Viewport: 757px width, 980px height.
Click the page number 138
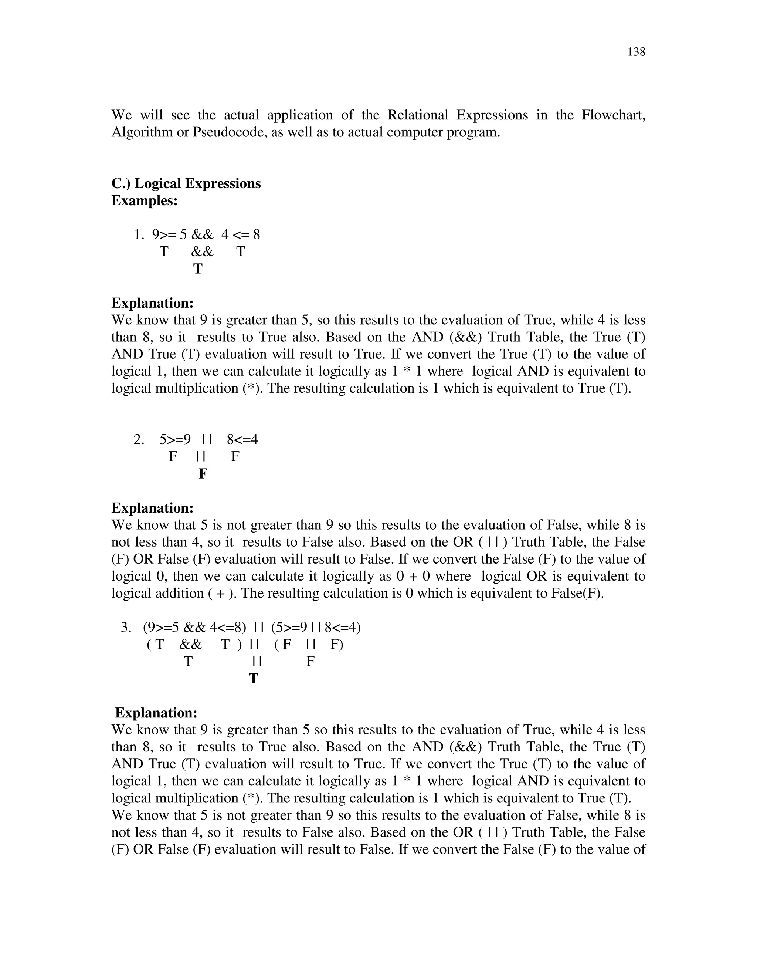click(636, 52)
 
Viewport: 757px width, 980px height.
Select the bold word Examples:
click(145, 200)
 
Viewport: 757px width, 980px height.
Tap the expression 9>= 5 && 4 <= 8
click(206, 235)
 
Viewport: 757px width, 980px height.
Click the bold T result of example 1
click(198, 269)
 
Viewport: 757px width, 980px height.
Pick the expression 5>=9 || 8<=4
click(208, 439)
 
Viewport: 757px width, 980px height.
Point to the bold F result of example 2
click(203, 473)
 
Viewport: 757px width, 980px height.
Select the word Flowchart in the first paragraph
click(613, 115)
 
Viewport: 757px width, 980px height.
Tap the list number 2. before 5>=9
click(139, 439)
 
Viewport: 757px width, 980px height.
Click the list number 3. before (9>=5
click(126, 627)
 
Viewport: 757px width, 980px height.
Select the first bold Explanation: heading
click(153, 303)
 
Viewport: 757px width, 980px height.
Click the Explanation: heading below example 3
click(156, 713)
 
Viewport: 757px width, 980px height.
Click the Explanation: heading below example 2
click(153, 508)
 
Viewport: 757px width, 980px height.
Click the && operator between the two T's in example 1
click(202, 252)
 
